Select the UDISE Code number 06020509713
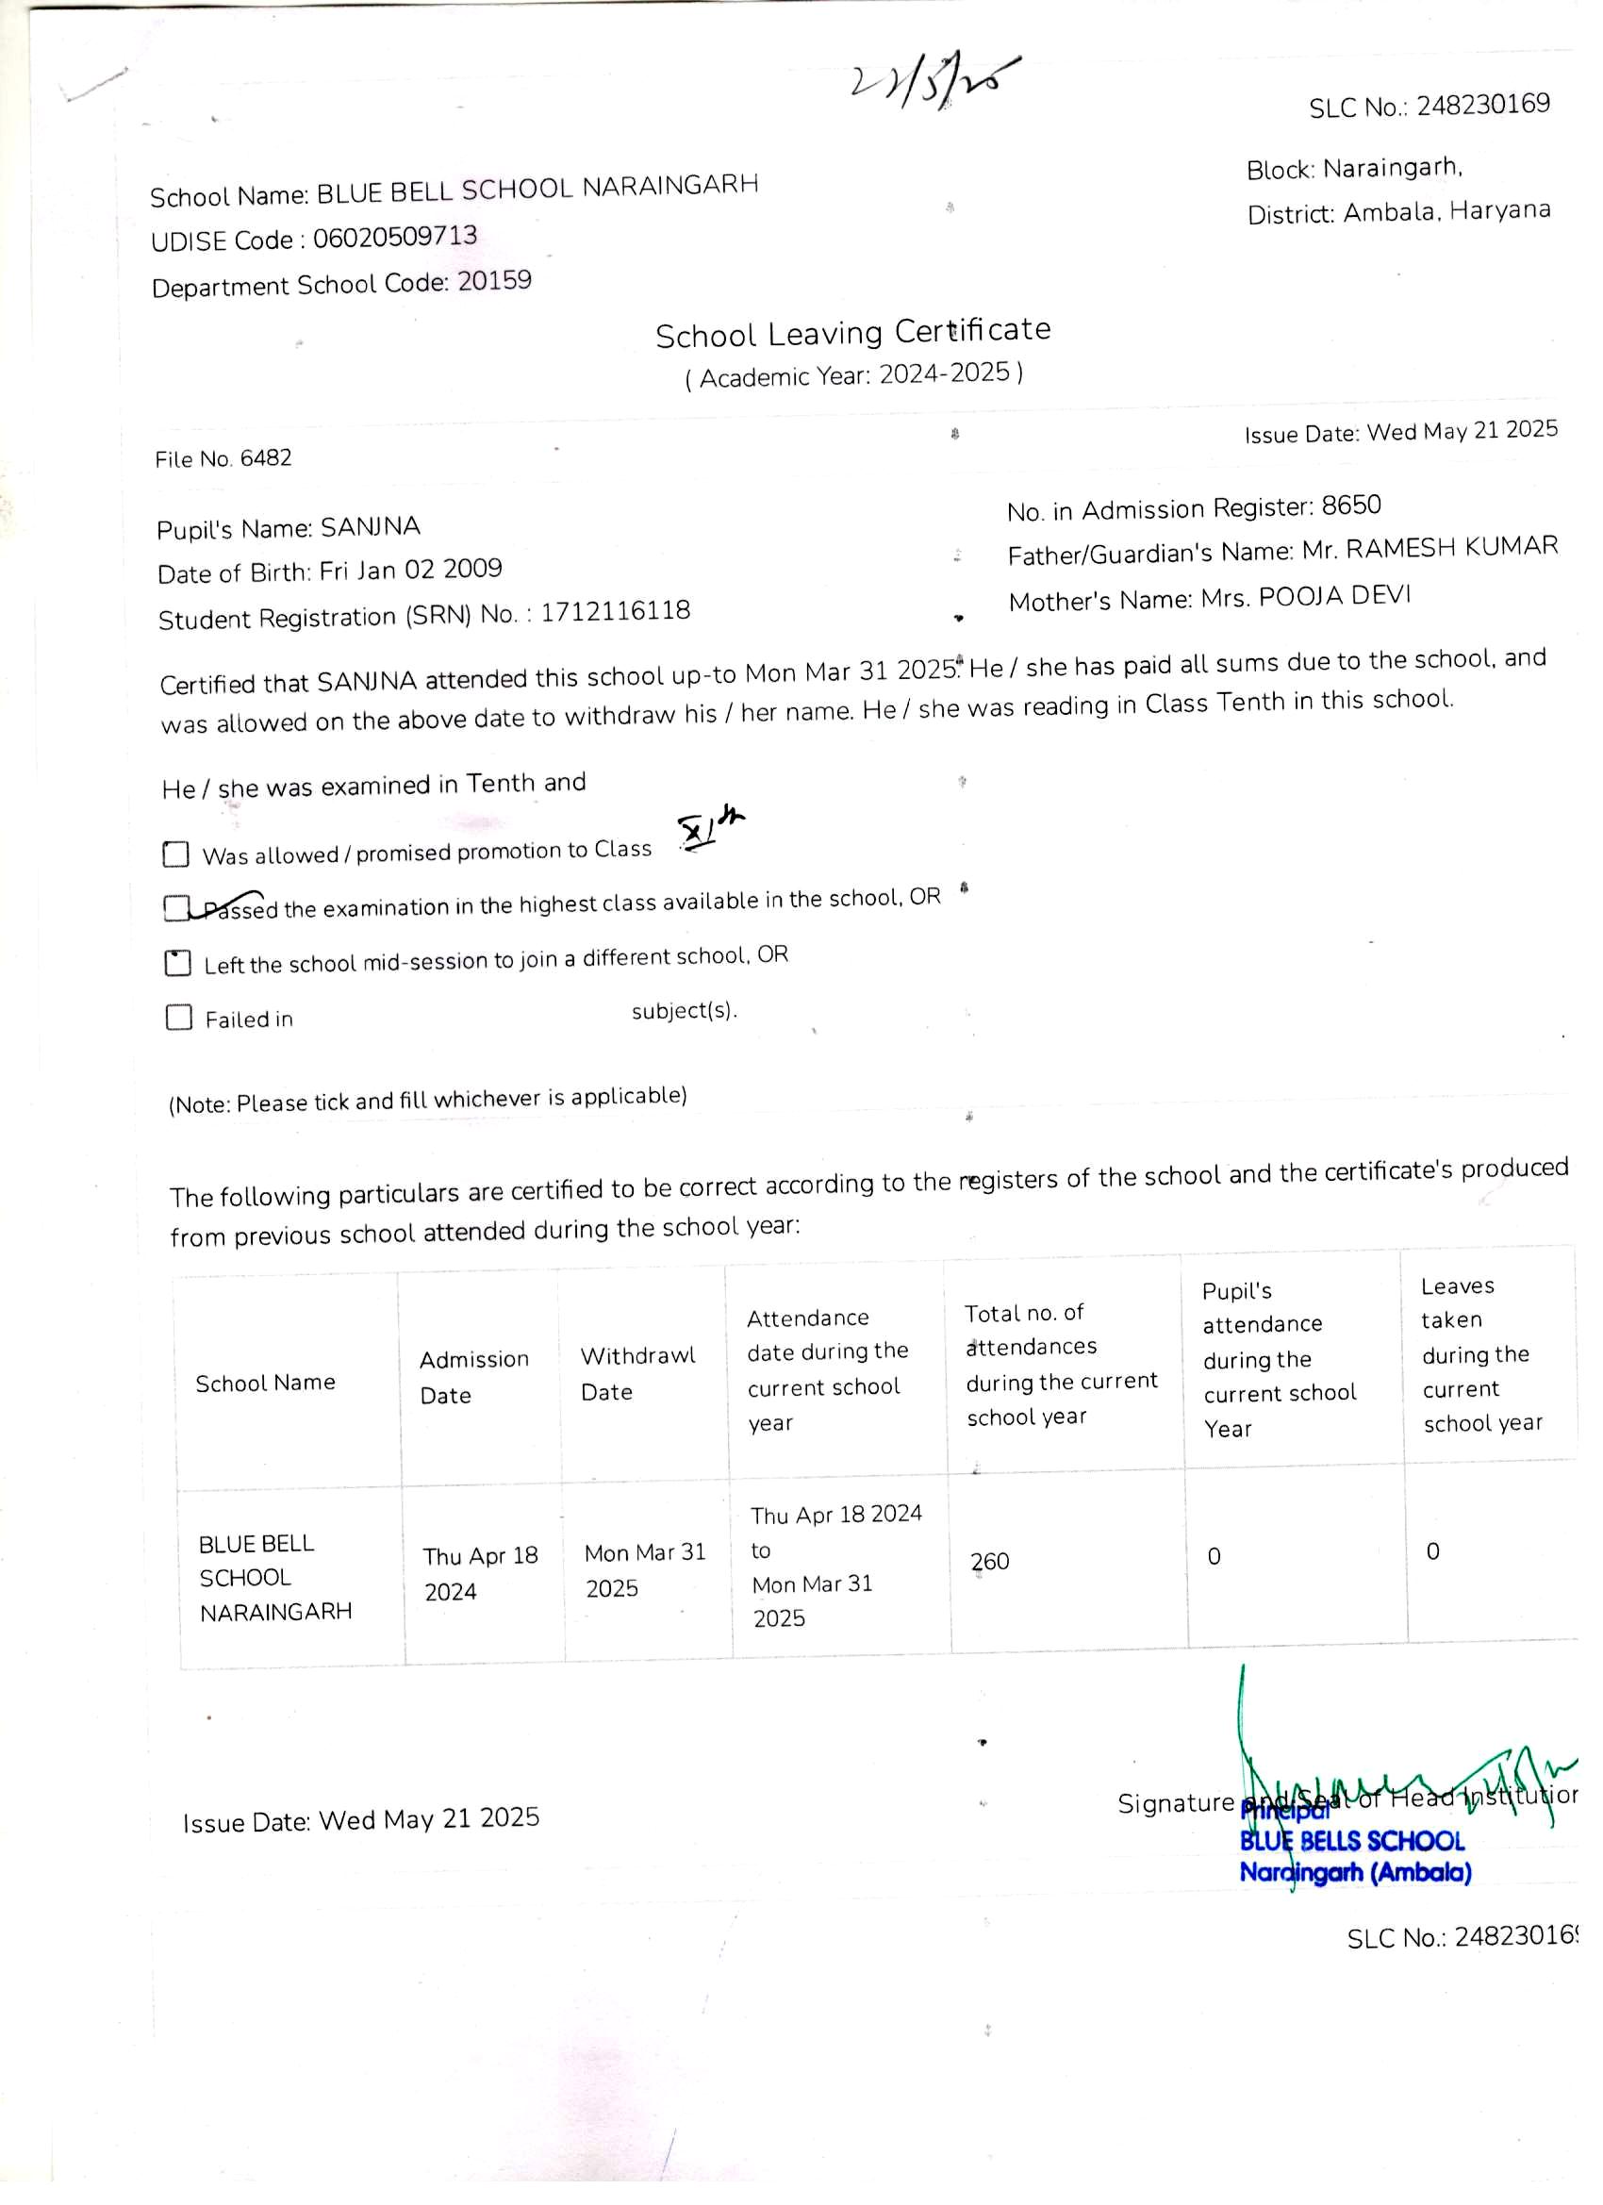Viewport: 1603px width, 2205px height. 395,236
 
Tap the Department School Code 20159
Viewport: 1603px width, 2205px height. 495,281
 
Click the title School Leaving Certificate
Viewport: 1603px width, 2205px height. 852,333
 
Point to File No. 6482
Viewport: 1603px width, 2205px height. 223,458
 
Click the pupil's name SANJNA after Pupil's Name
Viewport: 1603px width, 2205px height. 371,527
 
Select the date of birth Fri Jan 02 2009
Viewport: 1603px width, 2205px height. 410,570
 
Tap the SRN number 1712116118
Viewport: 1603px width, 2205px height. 616,611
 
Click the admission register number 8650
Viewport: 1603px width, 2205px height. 1350,506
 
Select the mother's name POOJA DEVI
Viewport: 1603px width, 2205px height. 1333,596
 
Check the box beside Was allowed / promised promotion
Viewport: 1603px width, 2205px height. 176,854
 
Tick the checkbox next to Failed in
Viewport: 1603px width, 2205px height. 179,1018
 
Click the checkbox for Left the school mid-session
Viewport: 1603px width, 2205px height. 178,963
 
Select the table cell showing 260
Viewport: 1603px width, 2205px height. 989,1561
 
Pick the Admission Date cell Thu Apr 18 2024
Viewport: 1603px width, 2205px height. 480,1572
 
